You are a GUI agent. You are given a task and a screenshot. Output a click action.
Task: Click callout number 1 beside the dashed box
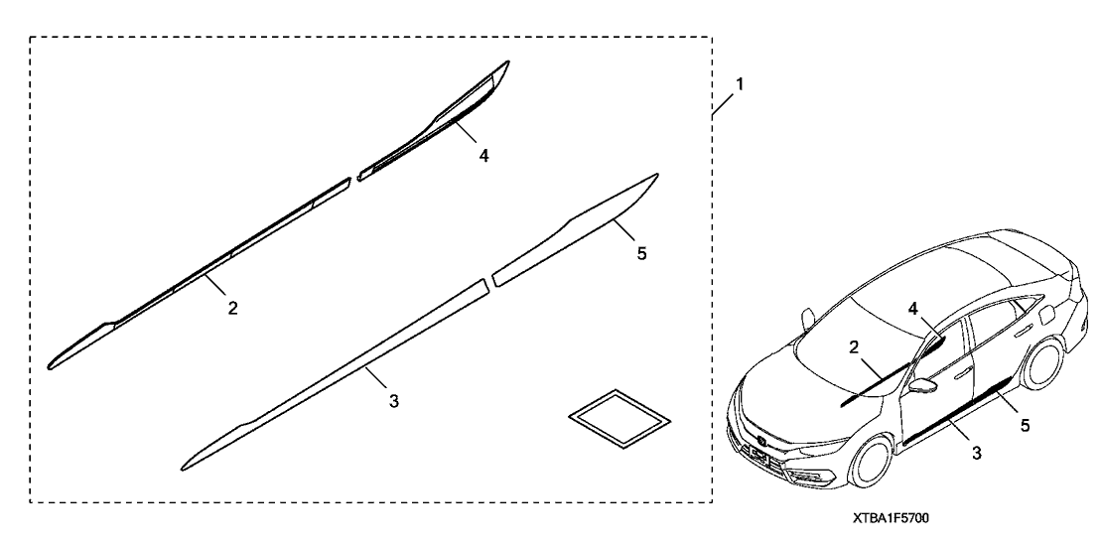click(739, 84)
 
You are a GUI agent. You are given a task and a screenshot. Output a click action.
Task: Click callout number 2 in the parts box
click(233, 307)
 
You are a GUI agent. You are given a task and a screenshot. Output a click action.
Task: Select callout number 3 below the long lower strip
click(394, 401)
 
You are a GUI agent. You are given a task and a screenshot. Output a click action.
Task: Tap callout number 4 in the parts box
click(484, 156)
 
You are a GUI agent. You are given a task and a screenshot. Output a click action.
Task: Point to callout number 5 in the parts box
click(642, 253)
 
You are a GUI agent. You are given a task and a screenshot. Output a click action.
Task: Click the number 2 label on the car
click(854, 346)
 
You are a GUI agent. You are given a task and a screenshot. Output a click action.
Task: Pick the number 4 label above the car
click(912, 308)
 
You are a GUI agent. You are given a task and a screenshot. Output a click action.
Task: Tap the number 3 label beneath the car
click(977, 454)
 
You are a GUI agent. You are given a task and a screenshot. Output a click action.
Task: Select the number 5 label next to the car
click(1025, 425)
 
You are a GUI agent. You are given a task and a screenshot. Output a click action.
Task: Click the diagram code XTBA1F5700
click(891, 518)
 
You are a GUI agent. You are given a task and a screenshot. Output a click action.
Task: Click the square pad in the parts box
click(619, 419)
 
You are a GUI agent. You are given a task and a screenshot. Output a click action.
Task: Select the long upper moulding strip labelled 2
click(200, 273)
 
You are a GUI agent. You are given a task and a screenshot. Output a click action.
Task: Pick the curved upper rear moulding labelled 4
click(434, 120)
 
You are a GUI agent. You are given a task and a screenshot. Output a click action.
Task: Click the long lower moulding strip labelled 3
click(334, 375)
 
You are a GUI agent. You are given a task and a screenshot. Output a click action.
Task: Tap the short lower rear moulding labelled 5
click(576, 230)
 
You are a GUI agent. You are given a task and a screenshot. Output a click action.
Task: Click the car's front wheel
click(874, 462)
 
